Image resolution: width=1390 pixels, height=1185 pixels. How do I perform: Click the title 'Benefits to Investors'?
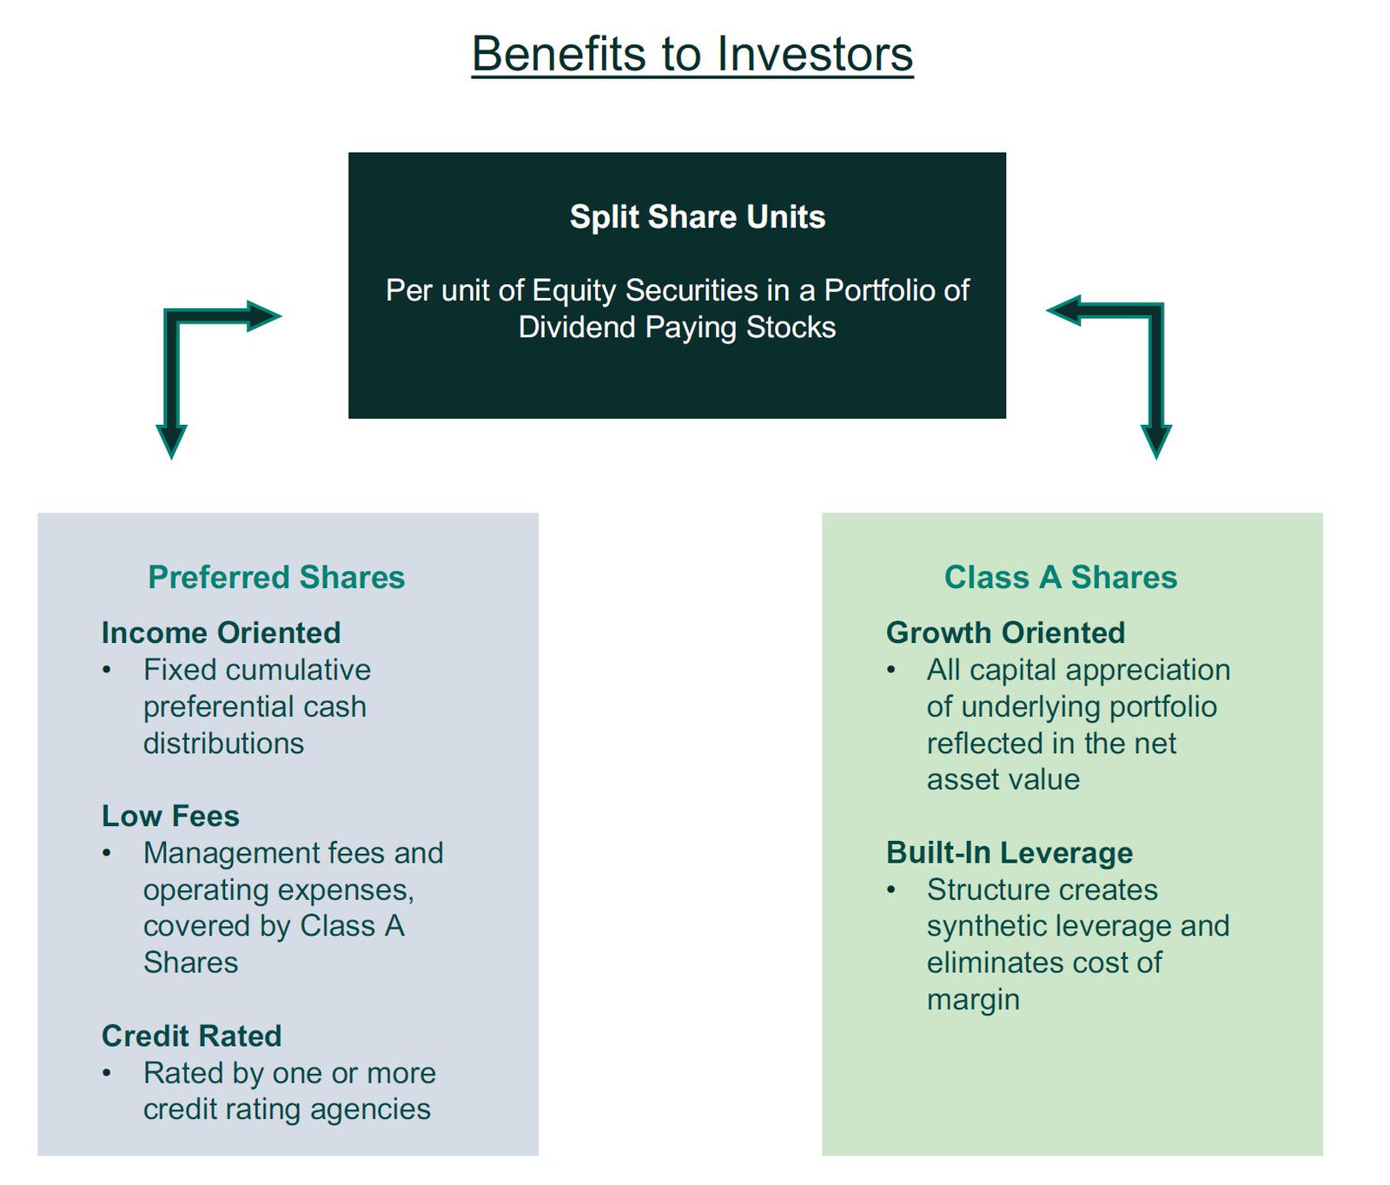[x=692, y=54]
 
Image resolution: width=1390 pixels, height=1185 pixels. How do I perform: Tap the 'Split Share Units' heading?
[x=698, y=216]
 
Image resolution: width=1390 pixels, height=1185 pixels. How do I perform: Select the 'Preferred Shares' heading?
[x=276, y=577]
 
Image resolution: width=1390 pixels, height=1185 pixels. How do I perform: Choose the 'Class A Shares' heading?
[x=1061, y=577]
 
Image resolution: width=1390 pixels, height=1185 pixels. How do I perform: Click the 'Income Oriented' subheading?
[x=221, y=632]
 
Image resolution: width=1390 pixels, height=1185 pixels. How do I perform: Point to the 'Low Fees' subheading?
[x=170, y=816]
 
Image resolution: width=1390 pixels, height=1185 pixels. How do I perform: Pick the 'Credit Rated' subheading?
[x=191, y=1036]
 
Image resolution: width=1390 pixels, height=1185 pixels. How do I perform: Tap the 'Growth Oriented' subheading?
[x=1005, y=632]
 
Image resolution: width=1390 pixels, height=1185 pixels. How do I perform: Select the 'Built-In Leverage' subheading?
[x=1009, y=852]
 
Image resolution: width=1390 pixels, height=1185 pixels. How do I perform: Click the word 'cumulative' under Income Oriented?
[x=298, y=670]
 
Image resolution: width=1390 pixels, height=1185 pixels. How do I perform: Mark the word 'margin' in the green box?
[x=973, y=1001]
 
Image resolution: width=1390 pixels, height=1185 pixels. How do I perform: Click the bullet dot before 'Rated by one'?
[x=106, y=1074]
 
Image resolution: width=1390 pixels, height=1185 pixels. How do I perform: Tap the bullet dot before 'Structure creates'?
[x=890, y=890]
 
